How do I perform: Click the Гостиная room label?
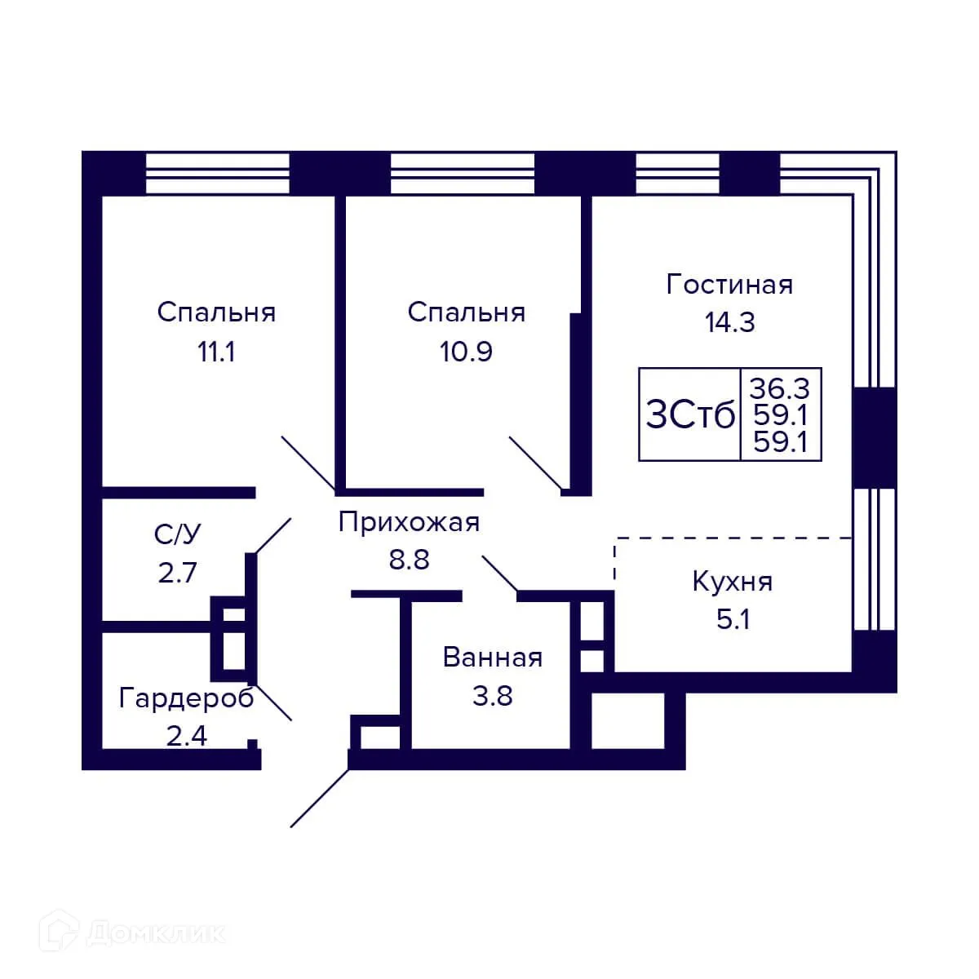729,285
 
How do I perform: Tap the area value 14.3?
729,322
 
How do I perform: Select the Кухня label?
732,583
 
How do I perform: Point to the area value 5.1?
733,620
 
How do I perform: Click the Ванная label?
492,658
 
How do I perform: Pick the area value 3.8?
492,696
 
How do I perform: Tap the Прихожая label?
409,522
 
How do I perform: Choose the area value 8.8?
409,560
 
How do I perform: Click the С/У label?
177,534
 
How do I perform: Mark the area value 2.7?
177,572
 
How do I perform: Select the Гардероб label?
186,698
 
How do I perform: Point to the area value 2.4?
186,736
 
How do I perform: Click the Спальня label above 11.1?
216,312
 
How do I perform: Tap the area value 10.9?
466,352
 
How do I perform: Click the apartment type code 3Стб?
690,415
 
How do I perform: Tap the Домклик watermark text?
155,932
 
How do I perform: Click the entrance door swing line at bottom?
320,798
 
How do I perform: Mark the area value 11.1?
216,352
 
